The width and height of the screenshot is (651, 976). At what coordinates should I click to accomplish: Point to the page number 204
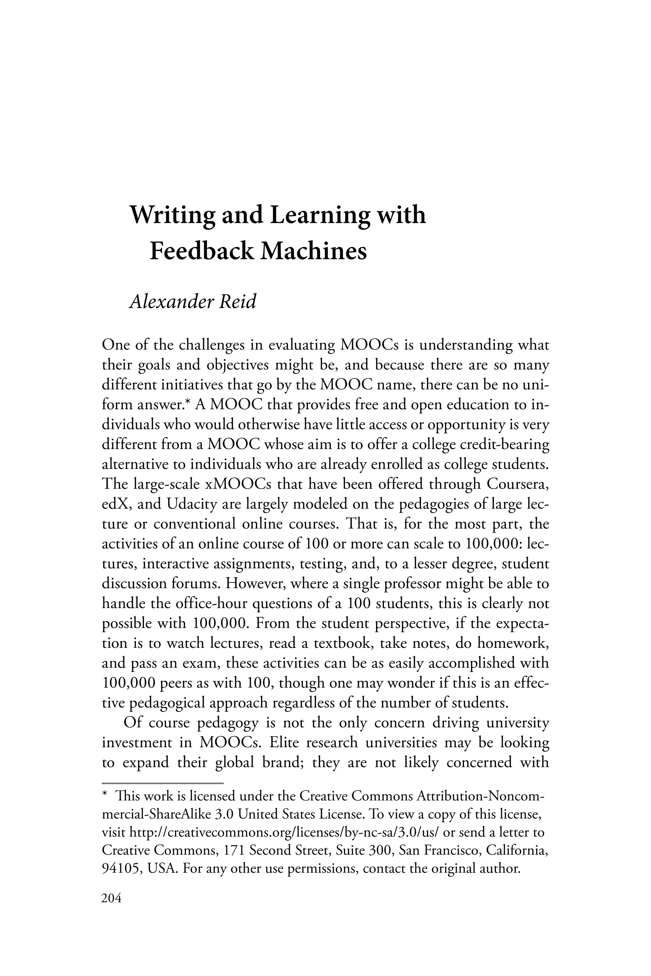click(x=111, y=898)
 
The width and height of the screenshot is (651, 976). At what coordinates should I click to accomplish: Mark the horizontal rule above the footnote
click(x=163, y=783)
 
